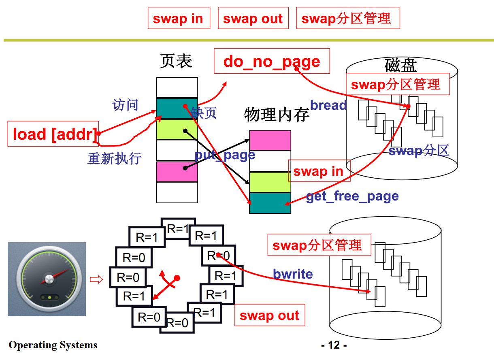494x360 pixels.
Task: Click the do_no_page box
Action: (x=272, y=61)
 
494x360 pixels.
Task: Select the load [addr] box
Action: (x=53, y=134)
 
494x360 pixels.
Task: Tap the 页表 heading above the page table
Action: (x=176, y=61)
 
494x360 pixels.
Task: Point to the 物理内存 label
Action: (x=277, y=115)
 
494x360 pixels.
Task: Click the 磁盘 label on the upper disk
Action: (x=400, y=65)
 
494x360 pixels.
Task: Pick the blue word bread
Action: (x=328, y=105)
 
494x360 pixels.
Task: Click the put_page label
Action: (x=225, y=155)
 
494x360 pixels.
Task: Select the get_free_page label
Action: (x=352, y=196)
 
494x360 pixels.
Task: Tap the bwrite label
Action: (x=293, y=274)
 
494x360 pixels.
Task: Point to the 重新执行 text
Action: (x=114, y=158)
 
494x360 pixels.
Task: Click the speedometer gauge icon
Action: (x=47, y=279)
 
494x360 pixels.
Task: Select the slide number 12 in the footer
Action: (x=334, y=345)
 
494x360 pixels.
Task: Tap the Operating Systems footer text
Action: (x=53, y=345)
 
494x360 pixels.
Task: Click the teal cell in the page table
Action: (x=177, y=109)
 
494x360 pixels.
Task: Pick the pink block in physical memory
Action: (x=270, y=140)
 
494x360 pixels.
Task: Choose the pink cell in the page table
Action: (x=177, y=171)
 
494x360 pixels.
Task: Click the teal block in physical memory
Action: (x=270, y=203)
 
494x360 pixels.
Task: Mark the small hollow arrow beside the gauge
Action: (x=96, y=279)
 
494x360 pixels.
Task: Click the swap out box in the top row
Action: (x=253, y=18)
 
